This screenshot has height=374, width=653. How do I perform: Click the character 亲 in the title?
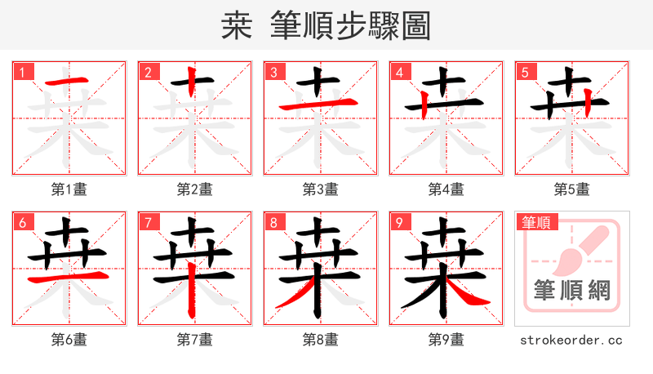(239, 26)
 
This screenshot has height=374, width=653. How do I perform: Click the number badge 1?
(22, 72)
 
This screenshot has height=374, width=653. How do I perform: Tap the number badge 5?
(525, 72)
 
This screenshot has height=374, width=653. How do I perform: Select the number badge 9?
(399, 222)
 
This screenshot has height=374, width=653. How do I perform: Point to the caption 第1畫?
(69, 189)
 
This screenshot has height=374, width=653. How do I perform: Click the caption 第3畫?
(321, 189)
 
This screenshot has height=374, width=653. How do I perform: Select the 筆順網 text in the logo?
(572, 290)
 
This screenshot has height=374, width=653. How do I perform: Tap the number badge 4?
(399, 72)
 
